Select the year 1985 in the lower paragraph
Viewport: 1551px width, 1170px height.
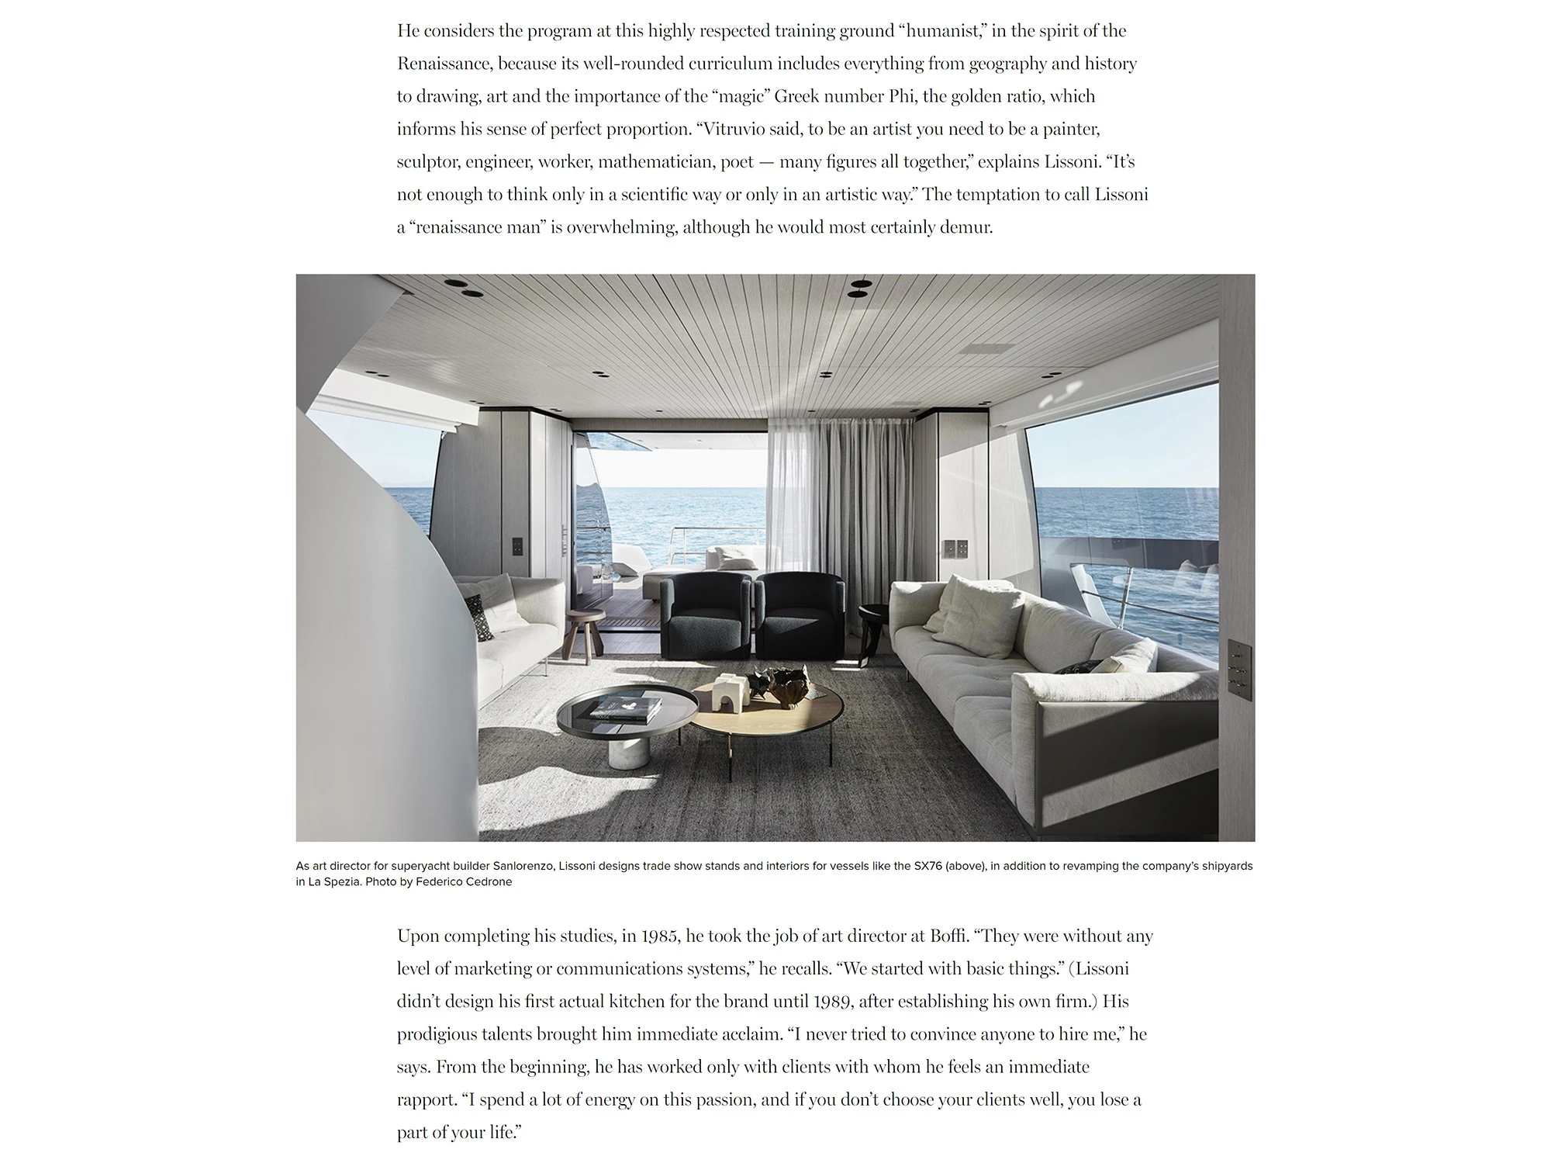click(659, 936)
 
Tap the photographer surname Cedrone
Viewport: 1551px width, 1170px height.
click(488, 882)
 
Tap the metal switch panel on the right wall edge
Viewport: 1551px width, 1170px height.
click(1238, 670)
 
